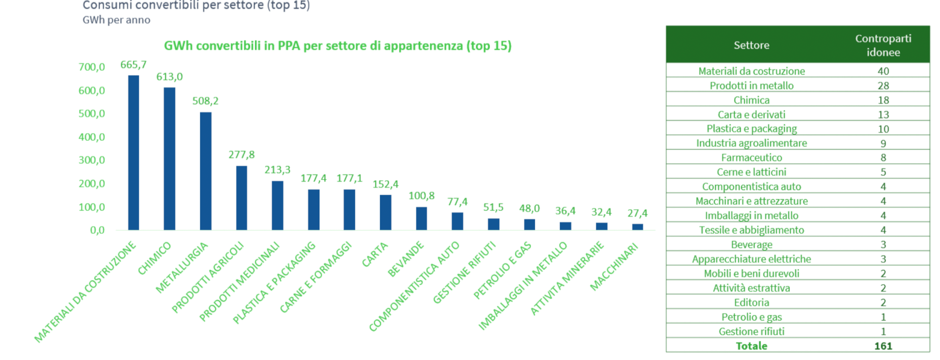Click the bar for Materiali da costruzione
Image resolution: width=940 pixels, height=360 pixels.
tap(134, 152)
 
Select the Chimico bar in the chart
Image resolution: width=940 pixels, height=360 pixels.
tap(169, 158)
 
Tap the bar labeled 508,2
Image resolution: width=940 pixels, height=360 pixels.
tap(206, 171)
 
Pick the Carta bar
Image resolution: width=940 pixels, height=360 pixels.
tap(386, 212)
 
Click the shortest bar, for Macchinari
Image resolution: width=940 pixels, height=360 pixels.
tap(638, 227)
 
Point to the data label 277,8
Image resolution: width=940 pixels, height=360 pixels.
tap(241, 155)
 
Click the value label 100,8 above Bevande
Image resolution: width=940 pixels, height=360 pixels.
tap(421, 196)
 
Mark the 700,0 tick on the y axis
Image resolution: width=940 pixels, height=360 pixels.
tap(92, 67)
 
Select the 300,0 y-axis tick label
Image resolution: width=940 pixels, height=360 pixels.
tap(92, 160)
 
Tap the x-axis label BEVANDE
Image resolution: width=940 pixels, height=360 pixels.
tap(406, 259)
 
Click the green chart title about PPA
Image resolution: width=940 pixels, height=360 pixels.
tap(337, 46)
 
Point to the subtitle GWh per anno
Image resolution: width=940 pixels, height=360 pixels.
tap(116, 20)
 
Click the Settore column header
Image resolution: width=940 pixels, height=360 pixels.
tap(751, 45)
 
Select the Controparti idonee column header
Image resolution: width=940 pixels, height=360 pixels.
tap(883, 45)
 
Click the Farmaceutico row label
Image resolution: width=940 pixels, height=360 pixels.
tap(751, 157)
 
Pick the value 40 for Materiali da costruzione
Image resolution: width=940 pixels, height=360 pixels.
tap(883, 71)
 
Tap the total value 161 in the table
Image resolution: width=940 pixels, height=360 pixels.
tap(883, 346)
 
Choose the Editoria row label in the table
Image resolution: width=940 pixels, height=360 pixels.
tap(751, 302)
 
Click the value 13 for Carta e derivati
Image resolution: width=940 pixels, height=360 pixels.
tap(883, 114)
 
